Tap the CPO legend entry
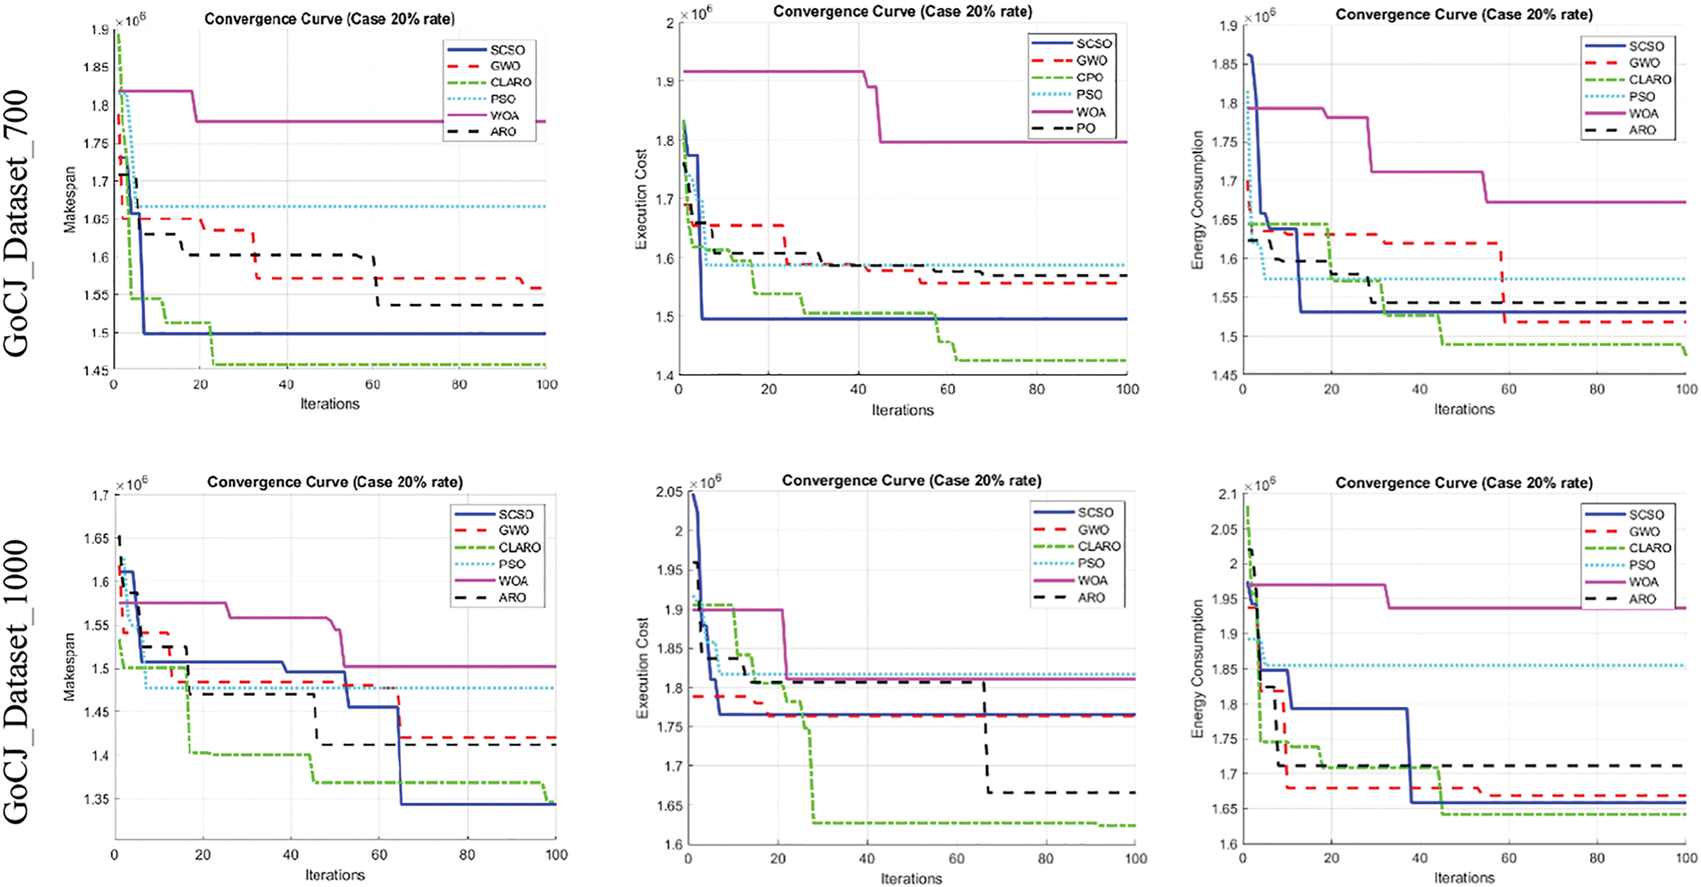tap(1090, 77)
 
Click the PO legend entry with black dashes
tap(1086, 128)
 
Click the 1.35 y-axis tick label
tap(97, 799)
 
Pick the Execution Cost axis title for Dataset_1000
tap(642, 667)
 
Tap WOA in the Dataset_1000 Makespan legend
tap(513, 581)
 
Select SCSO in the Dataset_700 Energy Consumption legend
tap(1646, 46)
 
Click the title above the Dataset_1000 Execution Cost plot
tap(911, 480)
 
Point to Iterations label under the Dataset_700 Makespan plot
tap(329, 404)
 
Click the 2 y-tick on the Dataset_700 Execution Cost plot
tap(670, 23)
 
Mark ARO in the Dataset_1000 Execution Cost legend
tap(1091, 597)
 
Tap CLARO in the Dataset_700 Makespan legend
tap(510, 82)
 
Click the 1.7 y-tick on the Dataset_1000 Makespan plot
tap(100, 495)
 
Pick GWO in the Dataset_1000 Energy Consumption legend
tap(1643, 531)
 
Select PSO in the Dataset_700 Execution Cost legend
tap(1090, 94)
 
